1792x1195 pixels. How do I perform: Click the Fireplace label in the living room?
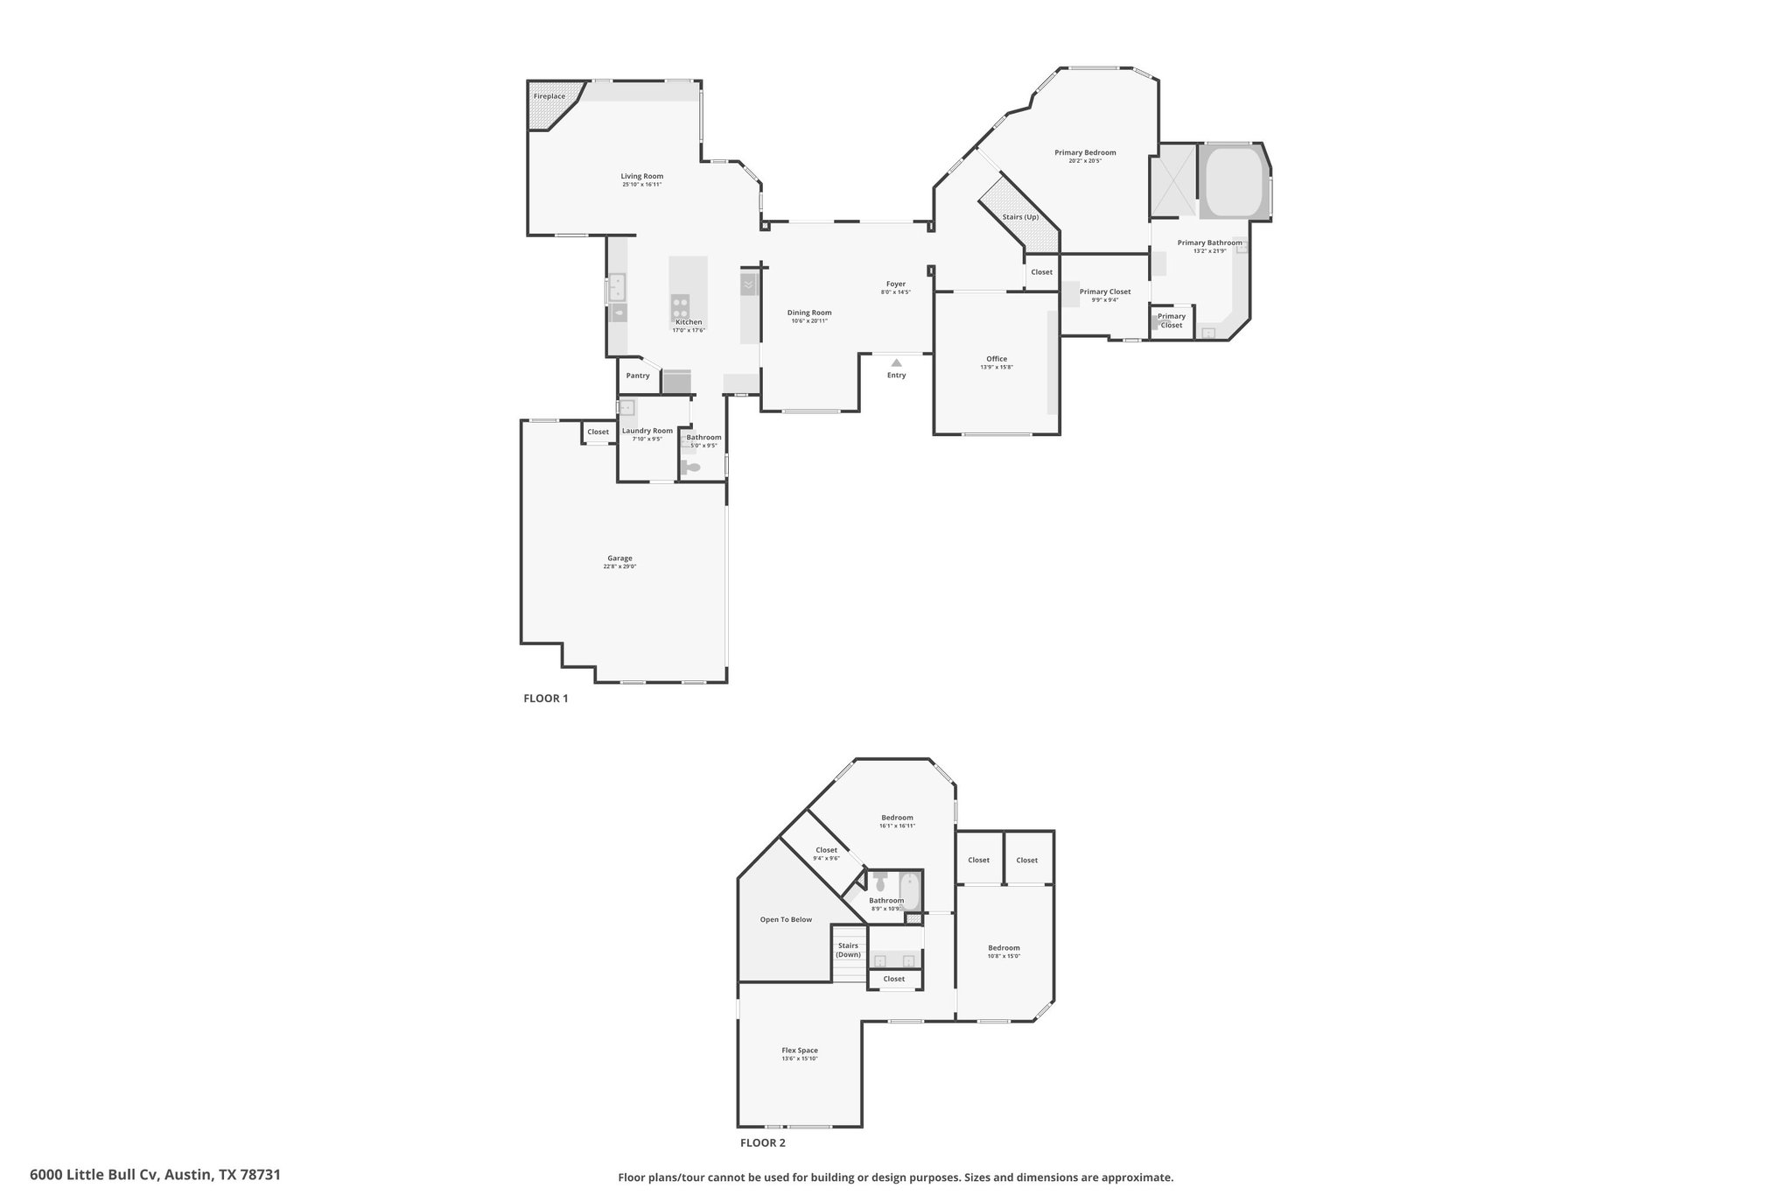click(549, 96)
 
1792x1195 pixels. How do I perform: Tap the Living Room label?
click(642, 176)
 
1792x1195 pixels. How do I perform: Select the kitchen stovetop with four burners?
click(680, 306)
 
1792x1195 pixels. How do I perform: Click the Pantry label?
click(638, 376)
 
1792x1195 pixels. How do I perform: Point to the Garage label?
click(619, 558)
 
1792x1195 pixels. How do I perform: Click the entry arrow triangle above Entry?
click(896, 362)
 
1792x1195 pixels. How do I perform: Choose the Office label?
click(997, 359)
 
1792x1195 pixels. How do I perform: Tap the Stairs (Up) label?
click(1020, 217)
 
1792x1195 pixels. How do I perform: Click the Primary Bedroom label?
click(1085, 152)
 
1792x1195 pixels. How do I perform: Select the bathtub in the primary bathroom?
click(1235, 180)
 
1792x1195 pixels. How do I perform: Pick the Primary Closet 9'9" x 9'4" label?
click(1105, 296)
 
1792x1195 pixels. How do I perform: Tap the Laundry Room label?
click(647, 431)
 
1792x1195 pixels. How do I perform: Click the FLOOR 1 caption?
click(546, 699)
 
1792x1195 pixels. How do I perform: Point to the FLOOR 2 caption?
click(763, 1142)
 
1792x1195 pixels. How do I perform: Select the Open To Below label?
click(786, 919)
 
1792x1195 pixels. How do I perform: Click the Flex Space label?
click(800, 1051)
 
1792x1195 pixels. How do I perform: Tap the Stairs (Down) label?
click(848, 950)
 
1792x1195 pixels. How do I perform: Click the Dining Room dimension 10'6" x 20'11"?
click(809, 321)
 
